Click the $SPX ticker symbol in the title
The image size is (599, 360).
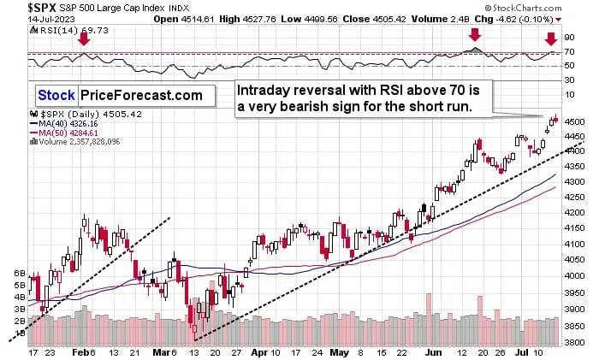(x=20, y=7)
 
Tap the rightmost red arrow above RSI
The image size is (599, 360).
(x=551, y=38)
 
